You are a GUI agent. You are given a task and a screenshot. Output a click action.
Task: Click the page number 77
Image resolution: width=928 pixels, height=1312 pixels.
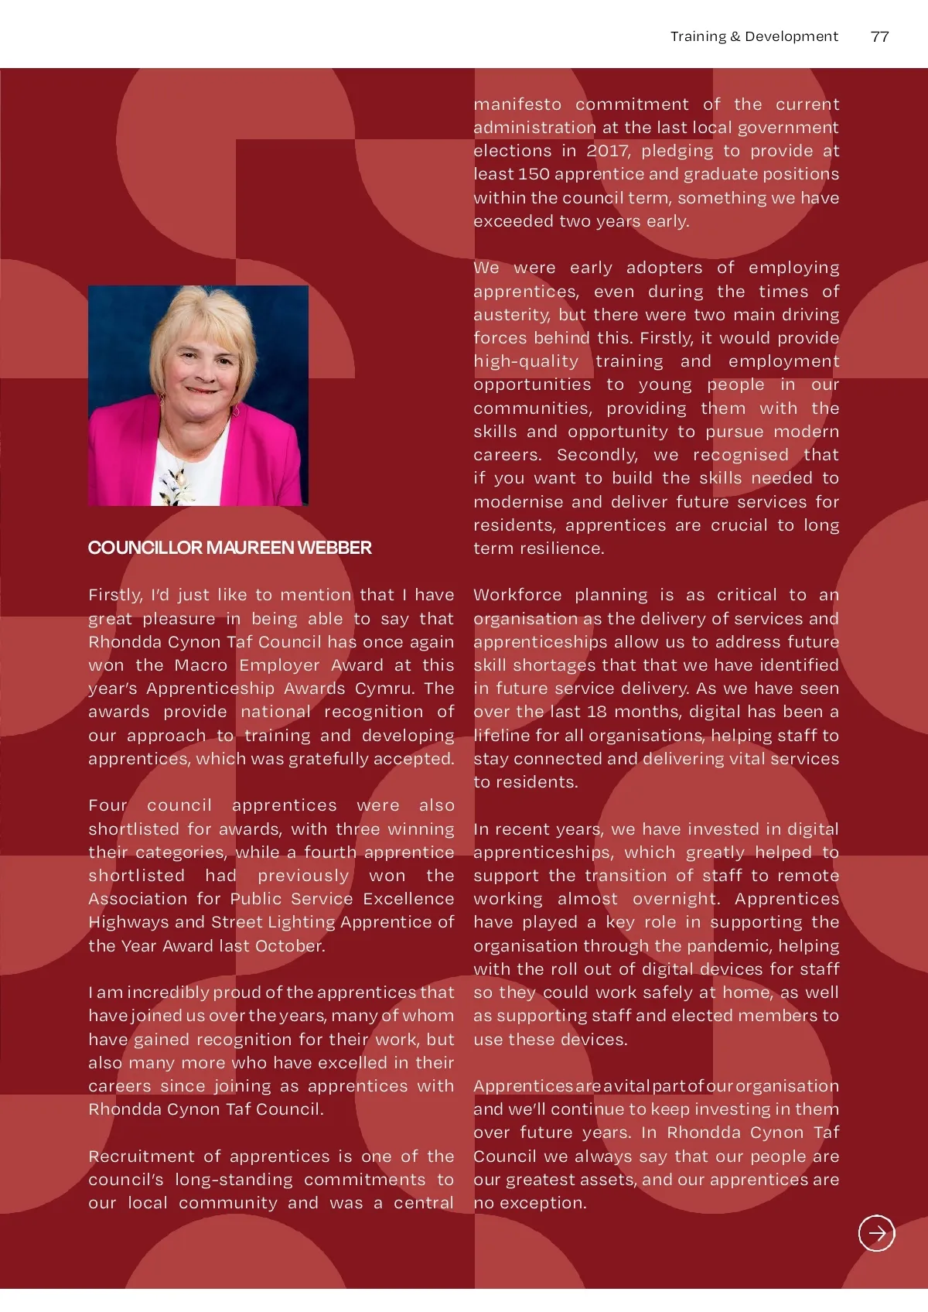879,36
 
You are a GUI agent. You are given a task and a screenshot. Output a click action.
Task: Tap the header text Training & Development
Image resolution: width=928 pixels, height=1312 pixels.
754,36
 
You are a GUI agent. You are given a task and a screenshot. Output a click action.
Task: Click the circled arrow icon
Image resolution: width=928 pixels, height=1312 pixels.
876,1233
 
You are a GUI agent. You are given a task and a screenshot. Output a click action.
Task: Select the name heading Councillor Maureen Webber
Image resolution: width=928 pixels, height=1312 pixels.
230,548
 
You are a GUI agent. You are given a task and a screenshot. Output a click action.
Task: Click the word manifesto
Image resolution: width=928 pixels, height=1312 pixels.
517,104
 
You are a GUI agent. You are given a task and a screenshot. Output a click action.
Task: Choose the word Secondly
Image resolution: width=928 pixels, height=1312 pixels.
597,455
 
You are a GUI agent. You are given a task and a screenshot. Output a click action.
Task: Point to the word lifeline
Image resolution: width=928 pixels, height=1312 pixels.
503,736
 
